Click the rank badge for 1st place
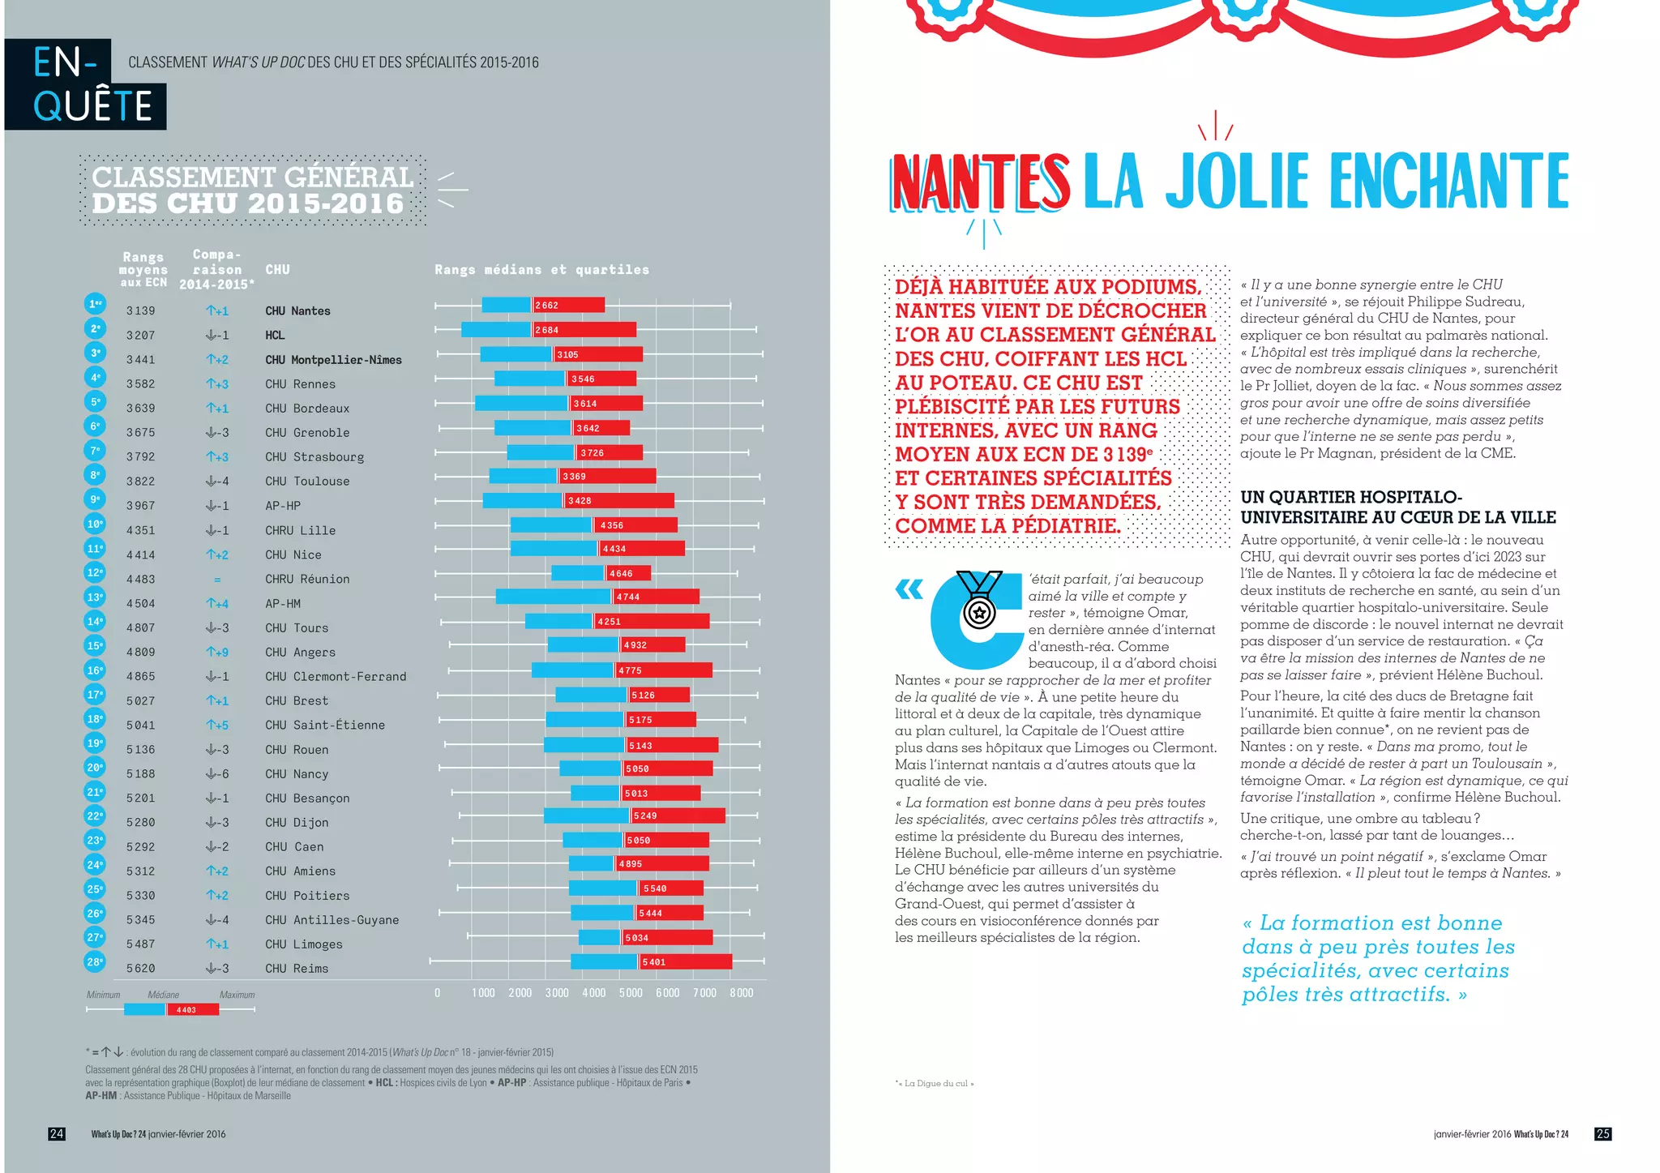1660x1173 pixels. tap(96, 304)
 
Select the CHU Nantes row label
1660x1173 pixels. tap(297, 311)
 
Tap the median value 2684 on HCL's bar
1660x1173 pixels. tap(546, 330)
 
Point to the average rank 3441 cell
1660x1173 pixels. tap(140, 360)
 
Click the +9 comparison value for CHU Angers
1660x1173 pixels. tap(217, 652)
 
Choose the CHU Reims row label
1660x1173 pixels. tap(297, 969)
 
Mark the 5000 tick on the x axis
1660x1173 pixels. tap(631, 993)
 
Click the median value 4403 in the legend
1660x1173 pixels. tap(186, 1010)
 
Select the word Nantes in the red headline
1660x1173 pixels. tap(980, 182)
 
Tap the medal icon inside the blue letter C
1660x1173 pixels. tap(979, 609)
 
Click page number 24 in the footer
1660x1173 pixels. tap(57, 1134)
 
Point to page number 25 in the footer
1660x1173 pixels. tap(1602, 1134)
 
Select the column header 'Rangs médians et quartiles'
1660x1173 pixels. tap(541, 270)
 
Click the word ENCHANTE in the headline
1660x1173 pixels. tap(1449, 182)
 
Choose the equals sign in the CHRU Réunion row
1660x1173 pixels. tap(217, 580)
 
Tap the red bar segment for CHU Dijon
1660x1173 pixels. tap(678, 816)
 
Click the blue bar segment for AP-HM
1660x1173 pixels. tap(554, 597)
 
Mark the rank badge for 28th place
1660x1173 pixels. tap(96, 962)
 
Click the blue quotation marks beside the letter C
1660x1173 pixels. tap(909, 589)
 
